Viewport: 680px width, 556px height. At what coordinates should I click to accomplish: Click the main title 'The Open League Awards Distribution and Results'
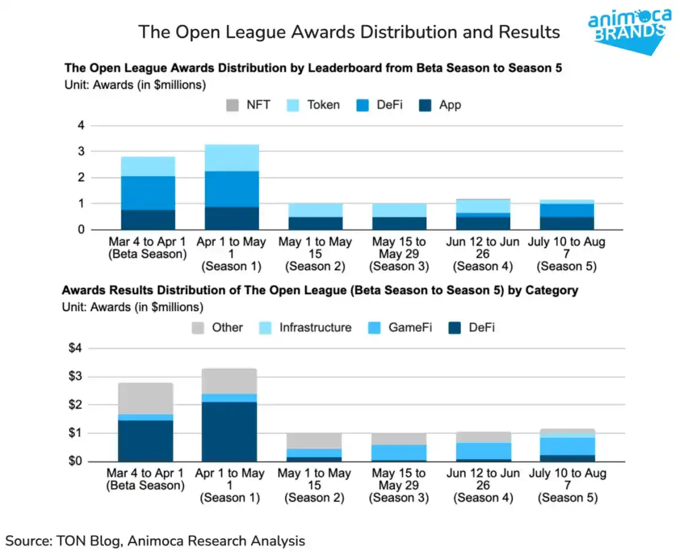349,32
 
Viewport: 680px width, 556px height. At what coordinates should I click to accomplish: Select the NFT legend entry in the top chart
249,105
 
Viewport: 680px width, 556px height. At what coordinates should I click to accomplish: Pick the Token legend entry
313,105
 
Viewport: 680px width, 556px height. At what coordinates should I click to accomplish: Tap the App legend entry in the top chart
441,105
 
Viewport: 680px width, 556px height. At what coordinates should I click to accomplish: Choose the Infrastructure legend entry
305,327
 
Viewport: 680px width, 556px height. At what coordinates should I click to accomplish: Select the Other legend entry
217,327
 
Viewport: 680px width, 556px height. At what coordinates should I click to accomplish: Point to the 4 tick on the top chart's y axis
79,126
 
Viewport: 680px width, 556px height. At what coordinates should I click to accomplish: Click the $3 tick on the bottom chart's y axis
74,376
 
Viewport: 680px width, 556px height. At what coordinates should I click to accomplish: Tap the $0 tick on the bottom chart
74,461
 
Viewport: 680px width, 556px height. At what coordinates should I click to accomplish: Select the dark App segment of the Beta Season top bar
147,220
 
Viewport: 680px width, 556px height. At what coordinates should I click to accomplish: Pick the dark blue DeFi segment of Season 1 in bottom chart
229,431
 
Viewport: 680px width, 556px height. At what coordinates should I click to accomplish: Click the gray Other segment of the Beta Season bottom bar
145,398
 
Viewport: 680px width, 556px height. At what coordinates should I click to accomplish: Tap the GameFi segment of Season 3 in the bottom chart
398,452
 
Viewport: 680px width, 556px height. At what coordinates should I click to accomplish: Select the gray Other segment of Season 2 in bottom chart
314,441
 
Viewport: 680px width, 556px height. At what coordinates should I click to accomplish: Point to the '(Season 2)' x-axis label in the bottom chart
314,498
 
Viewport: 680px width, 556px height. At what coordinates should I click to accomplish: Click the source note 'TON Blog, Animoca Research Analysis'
155,541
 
